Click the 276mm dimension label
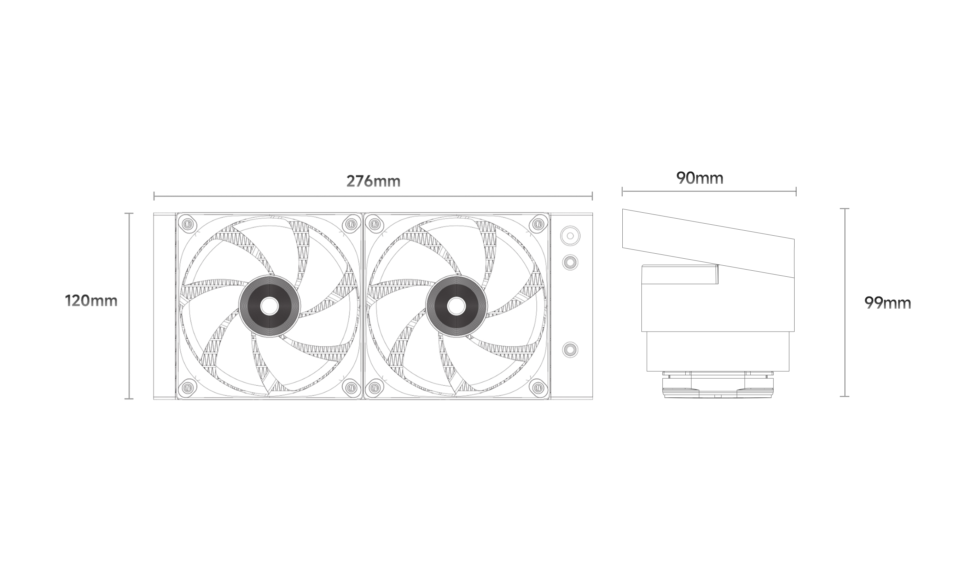[373, 182]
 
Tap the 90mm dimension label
[699, 178]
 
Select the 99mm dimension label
[888, 303]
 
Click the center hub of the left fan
[269, 306]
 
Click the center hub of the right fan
[457, 306]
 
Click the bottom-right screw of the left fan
[351, 388]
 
